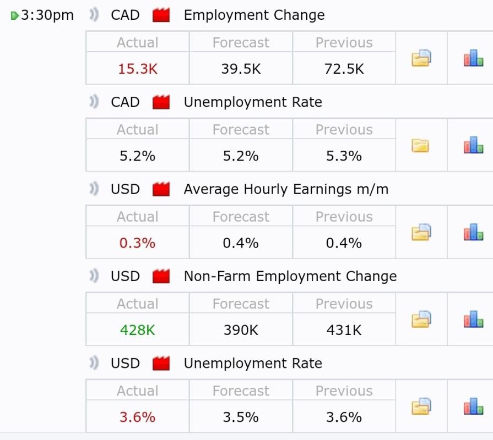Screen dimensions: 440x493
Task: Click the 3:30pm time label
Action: point(47,15)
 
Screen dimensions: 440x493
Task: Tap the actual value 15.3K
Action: point(137,69)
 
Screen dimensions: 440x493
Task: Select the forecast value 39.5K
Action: point(241,69)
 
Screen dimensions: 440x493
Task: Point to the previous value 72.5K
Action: point(344,69)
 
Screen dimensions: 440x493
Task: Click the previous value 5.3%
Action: point(344,156)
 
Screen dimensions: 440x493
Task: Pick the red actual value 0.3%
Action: point(137,243)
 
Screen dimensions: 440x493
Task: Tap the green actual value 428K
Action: point(137,330)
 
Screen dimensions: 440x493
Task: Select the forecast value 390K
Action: point(241,330)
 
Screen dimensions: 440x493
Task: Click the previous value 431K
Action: point(344,330)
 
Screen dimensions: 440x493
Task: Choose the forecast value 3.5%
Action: point(241,417)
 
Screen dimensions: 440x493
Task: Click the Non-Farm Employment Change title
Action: point(290,276)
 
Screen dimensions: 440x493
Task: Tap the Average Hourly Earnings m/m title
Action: point(286,189)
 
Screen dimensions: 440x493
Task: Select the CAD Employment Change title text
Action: point(254,15)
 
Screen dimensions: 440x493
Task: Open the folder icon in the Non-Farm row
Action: point(421,319)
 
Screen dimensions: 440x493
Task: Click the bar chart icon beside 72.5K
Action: point(473,58)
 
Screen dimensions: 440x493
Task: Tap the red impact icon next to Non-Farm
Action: point(161,276)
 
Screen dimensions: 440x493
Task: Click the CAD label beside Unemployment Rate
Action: point(125,102)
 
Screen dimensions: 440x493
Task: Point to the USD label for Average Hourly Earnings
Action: point(125,189)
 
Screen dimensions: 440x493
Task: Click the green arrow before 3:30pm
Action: point(15,15)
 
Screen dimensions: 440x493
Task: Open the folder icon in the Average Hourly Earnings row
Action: point(421,232)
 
